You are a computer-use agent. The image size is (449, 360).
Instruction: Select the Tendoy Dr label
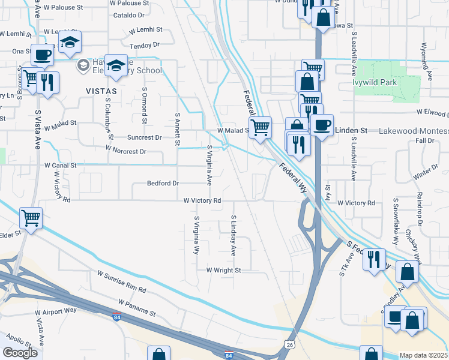pos(144,44)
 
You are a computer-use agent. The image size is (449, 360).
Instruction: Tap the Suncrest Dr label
pos(145,137)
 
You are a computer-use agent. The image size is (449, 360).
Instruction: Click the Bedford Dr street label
pos(163,183)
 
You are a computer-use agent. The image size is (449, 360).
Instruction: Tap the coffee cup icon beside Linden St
pos(322,126)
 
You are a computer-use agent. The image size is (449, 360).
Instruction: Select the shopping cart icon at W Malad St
pos(260,127)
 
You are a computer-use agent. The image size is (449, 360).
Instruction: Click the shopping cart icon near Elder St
pos(31,217)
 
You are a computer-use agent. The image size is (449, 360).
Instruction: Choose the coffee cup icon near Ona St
pos(43,55)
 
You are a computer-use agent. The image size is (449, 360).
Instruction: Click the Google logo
pos(20,353)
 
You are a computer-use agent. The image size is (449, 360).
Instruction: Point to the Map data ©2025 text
pos(424,355)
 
